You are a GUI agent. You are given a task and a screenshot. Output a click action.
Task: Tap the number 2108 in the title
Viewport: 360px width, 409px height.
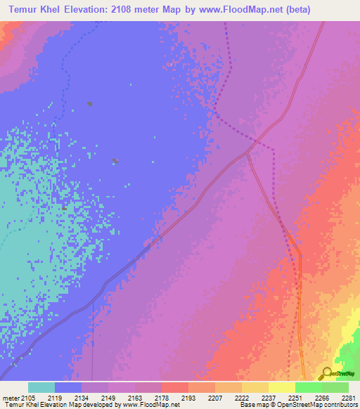click(147, 9)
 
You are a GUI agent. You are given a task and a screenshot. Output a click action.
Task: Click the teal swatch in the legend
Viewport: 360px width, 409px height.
click(41, 387)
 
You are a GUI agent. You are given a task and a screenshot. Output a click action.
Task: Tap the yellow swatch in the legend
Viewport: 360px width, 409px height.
click(281, 387)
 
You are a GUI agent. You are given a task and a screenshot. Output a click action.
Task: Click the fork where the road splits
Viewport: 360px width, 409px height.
click(247, 152)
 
